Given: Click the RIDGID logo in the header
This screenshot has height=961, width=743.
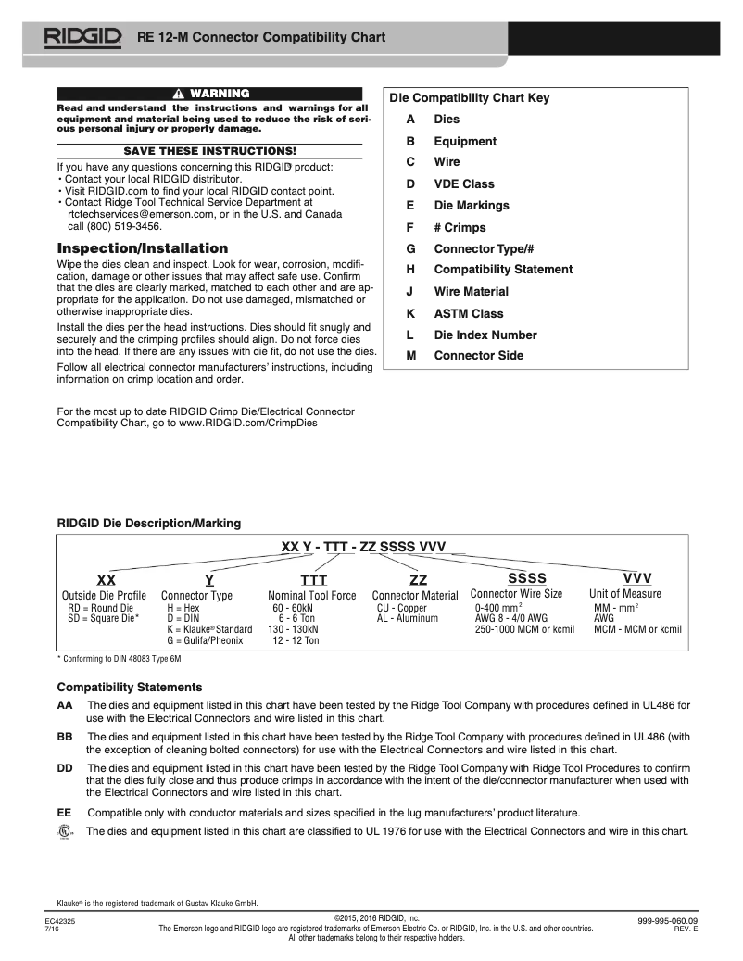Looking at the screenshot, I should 82,37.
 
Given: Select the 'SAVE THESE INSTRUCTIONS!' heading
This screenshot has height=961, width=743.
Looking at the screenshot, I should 210,150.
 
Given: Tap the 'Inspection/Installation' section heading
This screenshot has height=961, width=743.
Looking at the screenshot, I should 142,248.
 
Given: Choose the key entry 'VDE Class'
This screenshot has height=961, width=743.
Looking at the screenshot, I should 464,183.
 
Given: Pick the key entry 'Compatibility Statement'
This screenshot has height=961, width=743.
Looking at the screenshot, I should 503,269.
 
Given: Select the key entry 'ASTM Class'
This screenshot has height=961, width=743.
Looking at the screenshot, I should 469,313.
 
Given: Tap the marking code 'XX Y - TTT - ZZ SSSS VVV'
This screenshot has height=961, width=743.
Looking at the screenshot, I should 363,547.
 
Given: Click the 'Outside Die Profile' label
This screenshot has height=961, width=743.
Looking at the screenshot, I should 104,595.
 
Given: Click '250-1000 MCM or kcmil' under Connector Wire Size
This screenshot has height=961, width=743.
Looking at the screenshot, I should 524,629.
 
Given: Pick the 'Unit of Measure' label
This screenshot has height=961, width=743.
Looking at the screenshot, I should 625,594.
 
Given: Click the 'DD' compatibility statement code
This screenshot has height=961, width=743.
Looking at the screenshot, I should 65,768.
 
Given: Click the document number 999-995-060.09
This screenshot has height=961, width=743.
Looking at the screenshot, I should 667,920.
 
